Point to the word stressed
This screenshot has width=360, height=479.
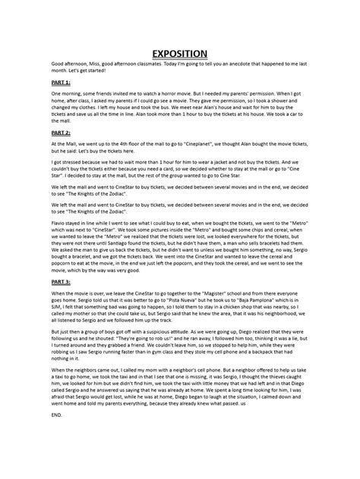pyautogui.click(x=63, y=161)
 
